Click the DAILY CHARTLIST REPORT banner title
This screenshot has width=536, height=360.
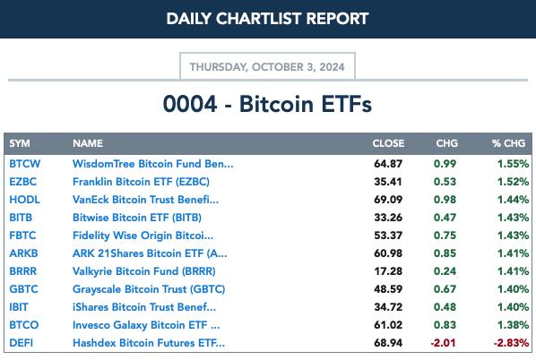pos(267,19)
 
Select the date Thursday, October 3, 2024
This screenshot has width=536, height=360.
pos(267,67)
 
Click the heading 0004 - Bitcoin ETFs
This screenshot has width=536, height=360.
pos(267,104)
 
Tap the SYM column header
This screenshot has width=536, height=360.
pos(20,143)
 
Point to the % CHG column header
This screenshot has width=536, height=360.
pos(508,143)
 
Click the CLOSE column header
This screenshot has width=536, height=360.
pos(388,143)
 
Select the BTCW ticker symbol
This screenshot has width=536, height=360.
pos(24,164)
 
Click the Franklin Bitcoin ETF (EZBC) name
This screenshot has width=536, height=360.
pos(141,182)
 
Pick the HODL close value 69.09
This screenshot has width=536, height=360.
pos(388,200)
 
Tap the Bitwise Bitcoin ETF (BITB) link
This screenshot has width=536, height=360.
pos(137,218)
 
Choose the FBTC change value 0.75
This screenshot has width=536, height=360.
pos(445,236)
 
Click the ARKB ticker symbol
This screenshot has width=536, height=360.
pos(23,253)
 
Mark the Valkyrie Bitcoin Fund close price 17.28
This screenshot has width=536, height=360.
pos(388,271)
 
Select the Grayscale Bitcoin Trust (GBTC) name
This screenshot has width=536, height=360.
pos(149,289)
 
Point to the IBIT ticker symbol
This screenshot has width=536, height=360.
pos(19,307)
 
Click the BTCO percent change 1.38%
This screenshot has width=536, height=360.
pos(513,325)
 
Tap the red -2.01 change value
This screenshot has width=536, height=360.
pos(444,343)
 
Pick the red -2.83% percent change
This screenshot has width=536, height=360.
pos(512,343)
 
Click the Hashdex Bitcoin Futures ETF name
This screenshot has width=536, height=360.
pos(149,343)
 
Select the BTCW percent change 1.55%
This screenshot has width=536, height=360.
pos(513,164)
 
